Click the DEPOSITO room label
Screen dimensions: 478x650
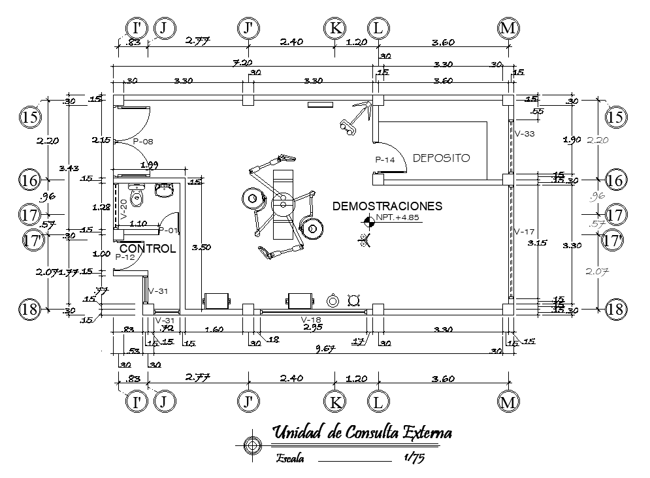click(442, 158)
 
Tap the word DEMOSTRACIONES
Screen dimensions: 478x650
click(387, 206)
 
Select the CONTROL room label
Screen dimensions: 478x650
click(148, 249)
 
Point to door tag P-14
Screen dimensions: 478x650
click(385, 159)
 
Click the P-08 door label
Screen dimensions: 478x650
click(142, 141)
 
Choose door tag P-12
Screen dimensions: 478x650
click(125, 257)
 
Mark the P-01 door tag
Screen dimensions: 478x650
click(168, 231)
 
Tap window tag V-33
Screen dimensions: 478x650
click(525, 134)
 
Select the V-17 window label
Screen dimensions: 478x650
click(525, 231)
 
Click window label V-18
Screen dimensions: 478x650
click(310, 319)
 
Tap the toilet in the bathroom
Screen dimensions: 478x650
click(137, 195)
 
